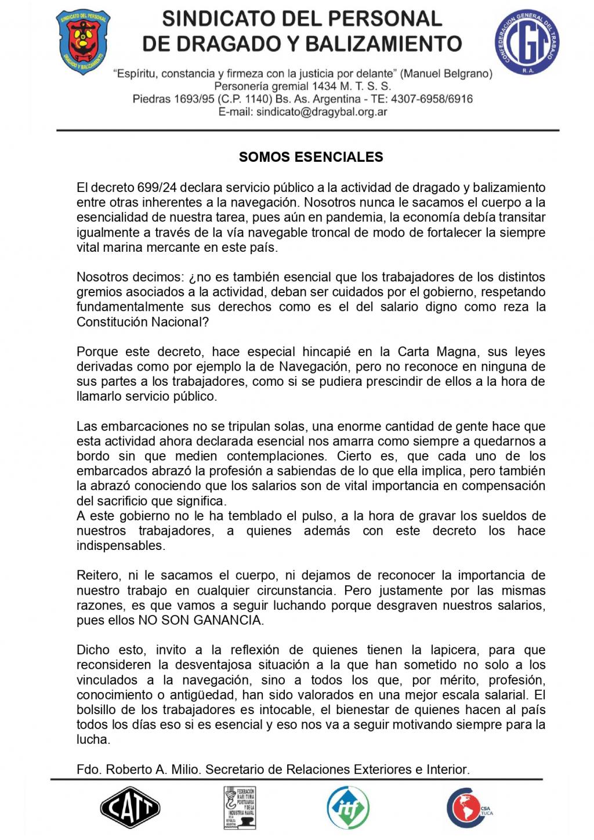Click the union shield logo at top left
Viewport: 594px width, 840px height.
(82, 42)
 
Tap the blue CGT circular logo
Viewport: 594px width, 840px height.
(526, 42)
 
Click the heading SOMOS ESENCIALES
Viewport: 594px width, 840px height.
(311, 157)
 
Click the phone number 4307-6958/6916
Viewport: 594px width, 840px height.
(432, 99)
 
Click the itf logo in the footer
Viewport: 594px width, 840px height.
(348, 807)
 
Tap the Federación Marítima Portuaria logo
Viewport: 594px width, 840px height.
(240, 807)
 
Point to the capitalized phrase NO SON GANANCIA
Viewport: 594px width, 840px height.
(200, 620)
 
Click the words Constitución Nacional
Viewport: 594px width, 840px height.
(142, 322)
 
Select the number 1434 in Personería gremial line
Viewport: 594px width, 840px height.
(324, 86)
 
